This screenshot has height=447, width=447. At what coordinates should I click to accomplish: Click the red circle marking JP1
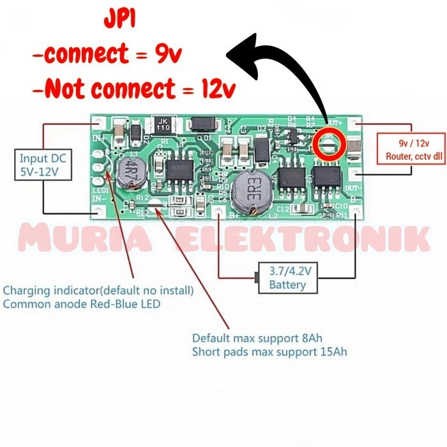[x=330, y=144]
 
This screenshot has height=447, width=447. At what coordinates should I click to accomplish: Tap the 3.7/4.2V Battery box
[x=287, y=278]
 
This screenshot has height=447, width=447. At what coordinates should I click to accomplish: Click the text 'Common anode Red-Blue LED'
[x=82, y=304]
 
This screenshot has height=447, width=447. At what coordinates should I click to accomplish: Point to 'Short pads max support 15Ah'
[x=270, y=352]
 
